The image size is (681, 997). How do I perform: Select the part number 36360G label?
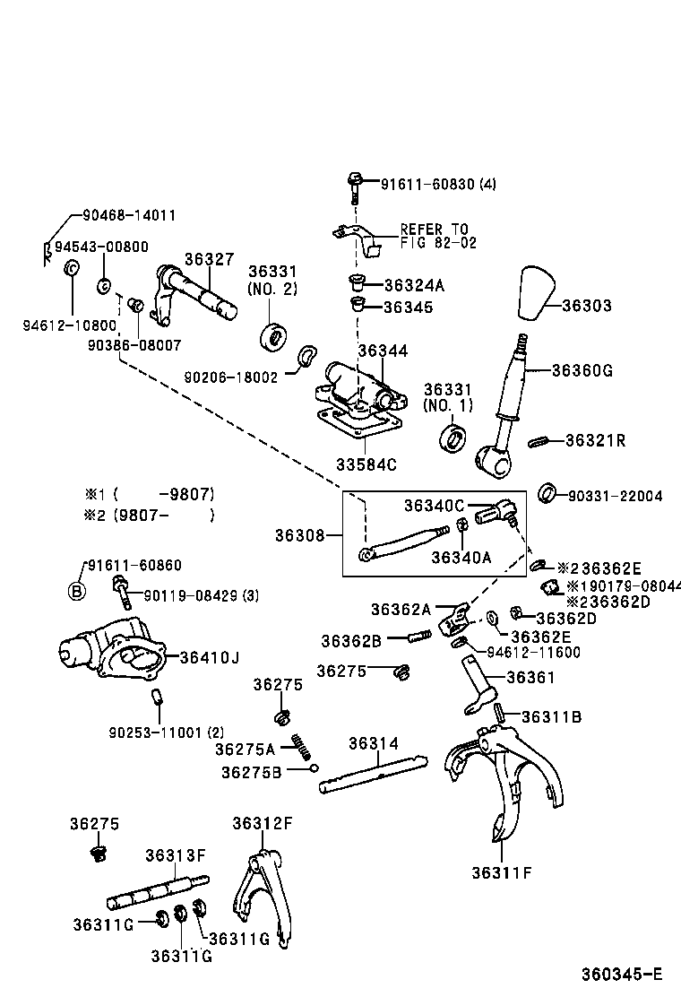[x=582, y=369]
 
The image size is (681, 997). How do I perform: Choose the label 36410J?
[x=209, y=657]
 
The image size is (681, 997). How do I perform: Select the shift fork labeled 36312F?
[x=263, y=897]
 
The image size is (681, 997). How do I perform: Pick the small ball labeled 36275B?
[x=315, y=767]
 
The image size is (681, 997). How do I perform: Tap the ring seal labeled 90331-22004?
[x=547, y=492]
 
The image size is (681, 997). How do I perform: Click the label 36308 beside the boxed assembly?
[x=300, y=536]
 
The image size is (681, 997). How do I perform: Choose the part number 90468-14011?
[x=129, y=215]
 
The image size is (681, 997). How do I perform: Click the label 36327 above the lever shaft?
[x=209, y=258]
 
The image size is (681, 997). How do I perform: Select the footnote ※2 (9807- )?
[x=150, y=515]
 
